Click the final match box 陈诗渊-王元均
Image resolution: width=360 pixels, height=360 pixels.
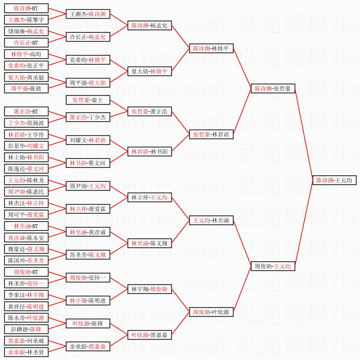[x=334, y=180]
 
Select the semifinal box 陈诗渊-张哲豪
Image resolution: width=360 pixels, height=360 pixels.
[x=273, y=88]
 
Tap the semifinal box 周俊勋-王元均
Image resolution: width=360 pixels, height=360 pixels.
[x=273, y=266]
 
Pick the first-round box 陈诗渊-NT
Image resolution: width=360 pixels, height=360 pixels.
[x=26, y=8]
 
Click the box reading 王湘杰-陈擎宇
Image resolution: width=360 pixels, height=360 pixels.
[x=26, y=20]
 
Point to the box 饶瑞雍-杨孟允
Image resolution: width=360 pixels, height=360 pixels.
[x=26, y=31]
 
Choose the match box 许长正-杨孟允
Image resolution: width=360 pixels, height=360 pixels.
[x=88, y=37]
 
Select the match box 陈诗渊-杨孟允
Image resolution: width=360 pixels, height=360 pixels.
[x=150, y=25]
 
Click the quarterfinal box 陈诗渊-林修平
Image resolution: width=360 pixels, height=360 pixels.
[x=211, y=48]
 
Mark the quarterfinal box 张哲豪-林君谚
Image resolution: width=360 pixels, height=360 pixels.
[x=211, y=134]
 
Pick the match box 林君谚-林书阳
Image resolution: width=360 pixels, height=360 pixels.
[x=150, y=152]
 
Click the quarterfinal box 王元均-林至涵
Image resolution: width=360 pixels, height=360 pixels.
[x=211, y=220]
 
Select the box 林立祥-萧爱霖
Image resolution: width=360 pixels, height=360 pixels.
[x=88, y=209]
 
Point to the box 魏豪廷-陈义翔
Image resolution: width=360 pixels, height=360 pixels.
[x=26, y=249]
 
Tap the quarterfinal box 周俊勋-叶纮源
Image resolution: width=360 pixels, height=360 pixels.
[x=211, y=312]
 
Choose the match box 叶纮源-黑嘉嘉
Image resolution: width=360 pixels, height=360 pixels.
[x=150, y=335]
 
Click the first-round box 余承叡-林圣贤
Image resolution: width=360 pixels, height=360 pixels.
[x=26, y=352]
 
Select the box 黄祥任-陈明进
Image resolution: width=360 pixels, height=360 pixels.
[x=26, y=306]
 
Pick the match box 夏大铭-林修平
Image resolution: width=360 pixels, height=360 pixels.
[x=150, y=71]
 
